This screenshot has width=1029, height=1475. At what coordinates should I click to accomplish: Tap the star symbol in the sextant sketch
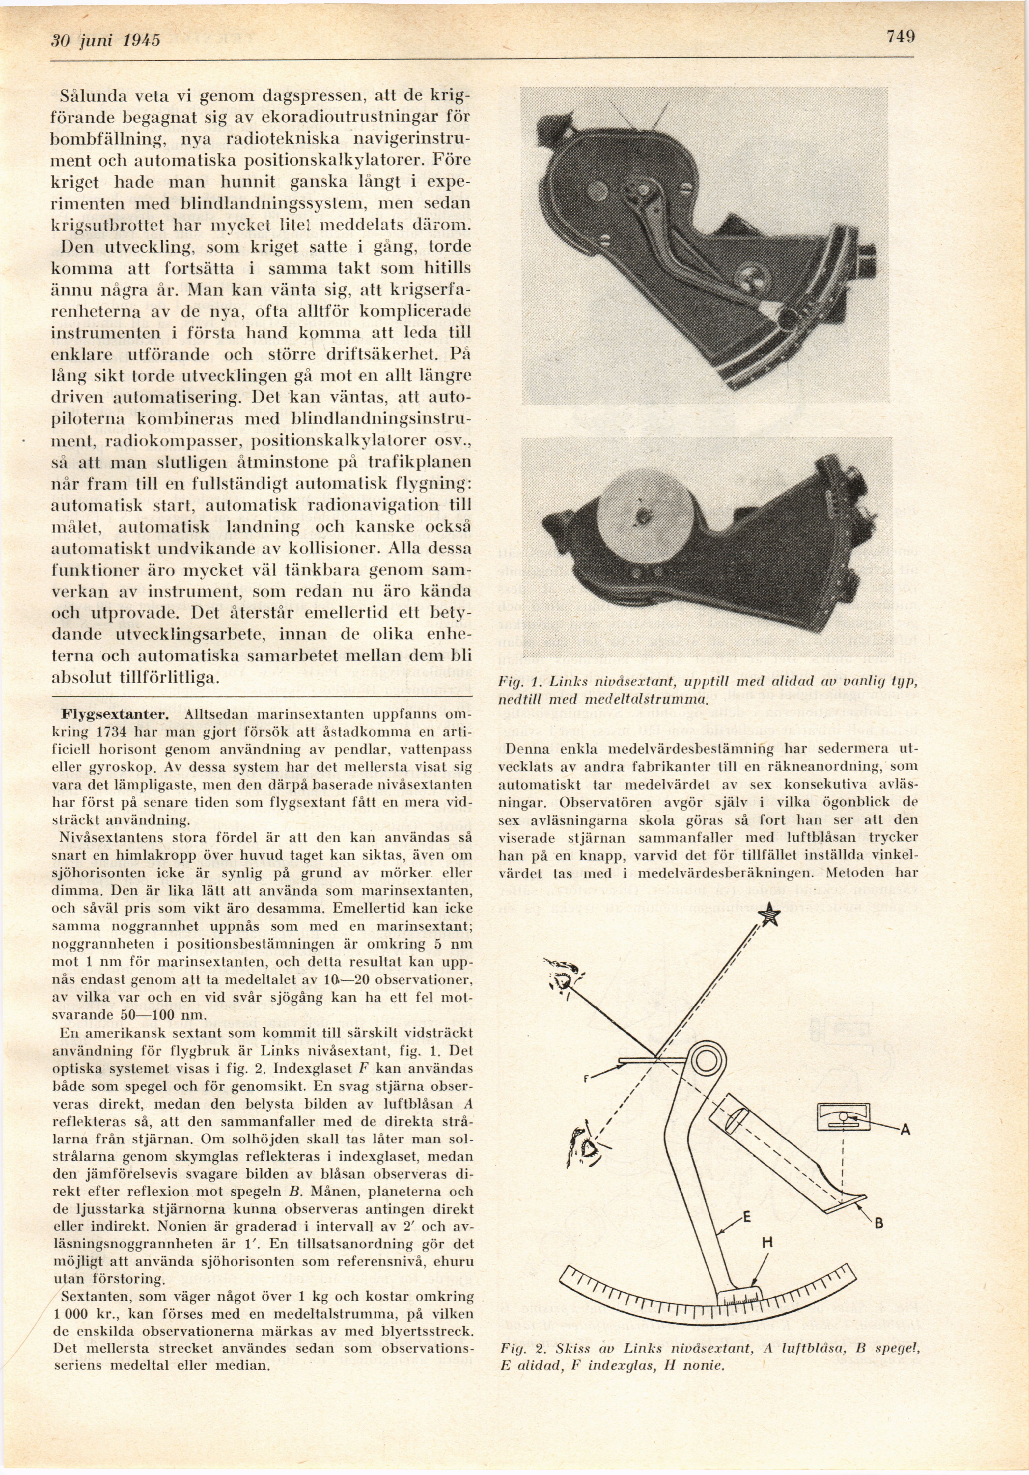pyautogui.click(x=769, y=914)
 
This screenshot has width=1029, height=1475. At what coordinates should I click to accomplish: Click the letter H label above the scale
pyautogui.click(x=766, y=1244)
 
